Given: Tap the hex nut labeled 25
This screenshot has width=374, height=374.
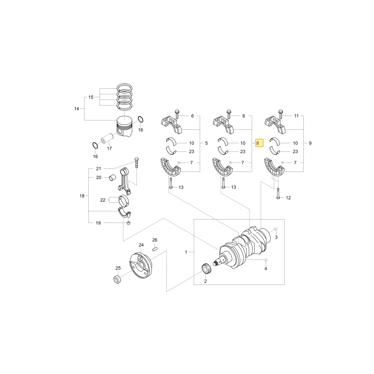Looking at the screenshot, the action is pos(117,279).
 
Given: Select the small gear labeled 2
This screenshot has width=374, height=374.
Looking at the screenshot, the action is pos(205,269).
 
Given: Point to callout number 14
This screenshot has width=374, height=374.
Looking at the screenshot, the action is pos(77,109).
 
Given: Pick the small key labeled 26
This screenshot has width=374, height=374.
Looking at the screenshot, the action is pos(155,249).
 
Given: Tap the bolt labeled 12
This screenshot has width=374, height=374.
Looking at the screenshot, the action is pos(278,193).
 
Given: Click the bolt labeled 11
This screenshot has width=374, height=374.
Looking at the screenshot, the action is pos(280,114).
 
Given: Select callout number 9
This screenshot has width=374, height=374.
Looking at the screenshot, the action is pos(310,143).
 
